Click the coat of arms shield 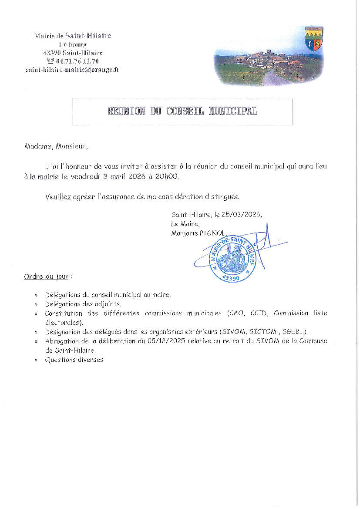[313, 38]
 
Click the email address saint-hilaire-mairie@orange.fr [73, 69]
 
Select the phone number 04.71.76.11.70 [77, 61]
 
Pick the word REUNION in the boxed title [126, 111]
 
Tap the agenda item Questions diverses [74, 360]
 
